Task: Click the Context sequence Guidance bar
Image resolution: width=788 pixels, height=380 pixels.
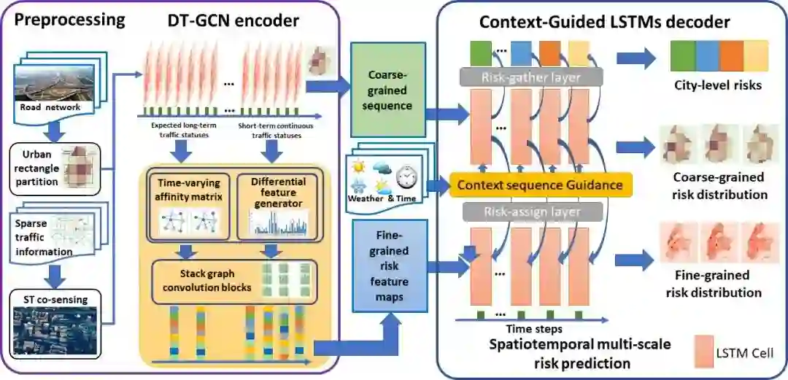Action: point(540,185)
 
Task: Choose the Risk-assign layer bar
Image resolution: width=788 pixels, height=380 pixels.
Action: point(530,212)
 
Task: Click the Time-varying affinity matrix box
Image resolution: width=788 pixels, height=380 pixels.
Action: point(188,206)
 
